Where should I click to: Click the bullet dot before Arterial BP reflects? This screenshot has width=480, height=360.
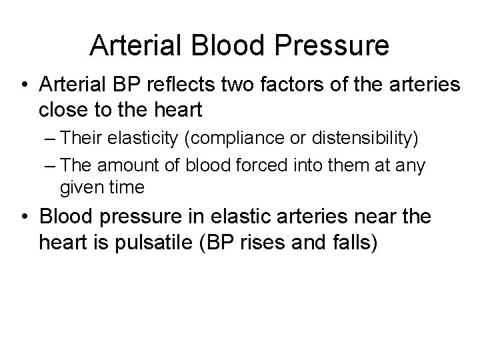(25, 85)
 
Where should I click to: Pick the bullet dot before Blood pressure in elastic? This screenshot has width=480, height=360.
(25, 217)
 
